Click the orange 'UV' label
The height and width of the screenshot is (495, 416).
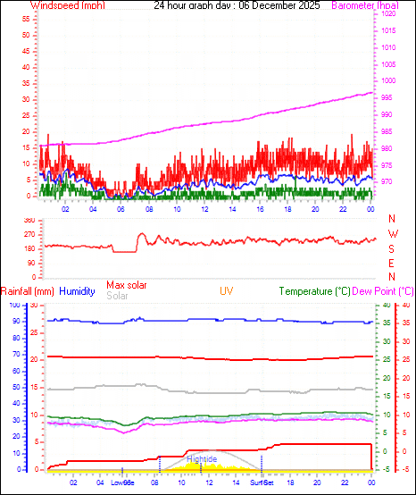coord(227,291)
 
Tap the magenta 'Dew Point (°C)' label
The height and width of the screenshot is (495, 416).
coord(383,291)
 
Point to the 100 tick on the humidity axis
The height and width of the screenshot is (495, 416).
coord(13,306)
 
